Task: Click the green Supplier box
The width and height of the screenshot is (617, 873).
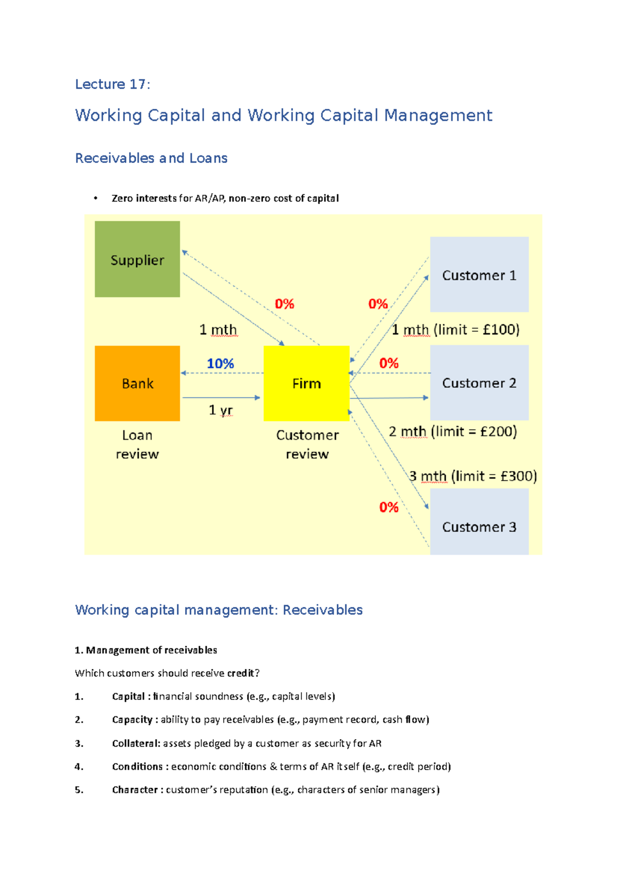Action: [137, 259]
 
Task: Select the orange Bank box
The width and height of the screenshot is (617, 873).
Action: [137, 383]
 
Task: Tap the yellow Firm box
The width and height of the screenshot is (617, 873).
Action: [306, 383]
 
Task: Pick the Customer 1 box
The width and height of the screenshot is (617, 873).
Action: [479, 275]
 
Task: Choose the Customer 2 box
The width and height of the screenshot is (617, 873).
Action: [479, 383]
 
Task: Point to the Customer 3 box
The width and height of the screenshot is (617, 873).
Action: [479, 521]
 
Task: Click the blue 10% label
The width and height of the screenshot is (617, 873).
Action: [220, 363]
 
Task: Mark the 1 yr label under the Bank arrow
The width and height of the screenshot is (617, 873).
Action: [221, 410]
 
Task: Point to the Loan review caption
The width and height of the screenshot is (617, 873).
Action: [137, 444]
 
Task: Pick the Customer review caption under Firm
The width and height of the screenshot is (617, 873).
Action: [307, 444]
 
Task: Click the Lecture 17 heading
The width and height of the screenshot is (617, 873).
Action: [113, 84]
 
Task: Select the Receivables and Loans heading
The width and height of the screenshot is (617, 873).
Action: [151, 158]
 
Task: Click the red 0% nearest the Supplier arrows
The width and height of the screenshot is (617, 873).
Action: [284, 304]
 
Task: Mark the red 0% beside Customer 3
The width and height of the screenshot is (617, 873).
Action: [389, 507]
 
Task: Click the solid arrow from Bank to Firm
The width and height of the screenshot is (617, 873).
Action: [221, 397]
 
